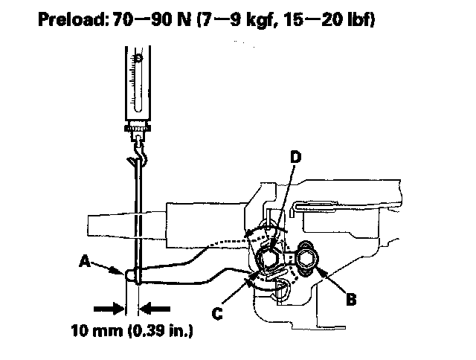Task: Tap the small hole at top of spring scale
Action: [138, 58]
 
